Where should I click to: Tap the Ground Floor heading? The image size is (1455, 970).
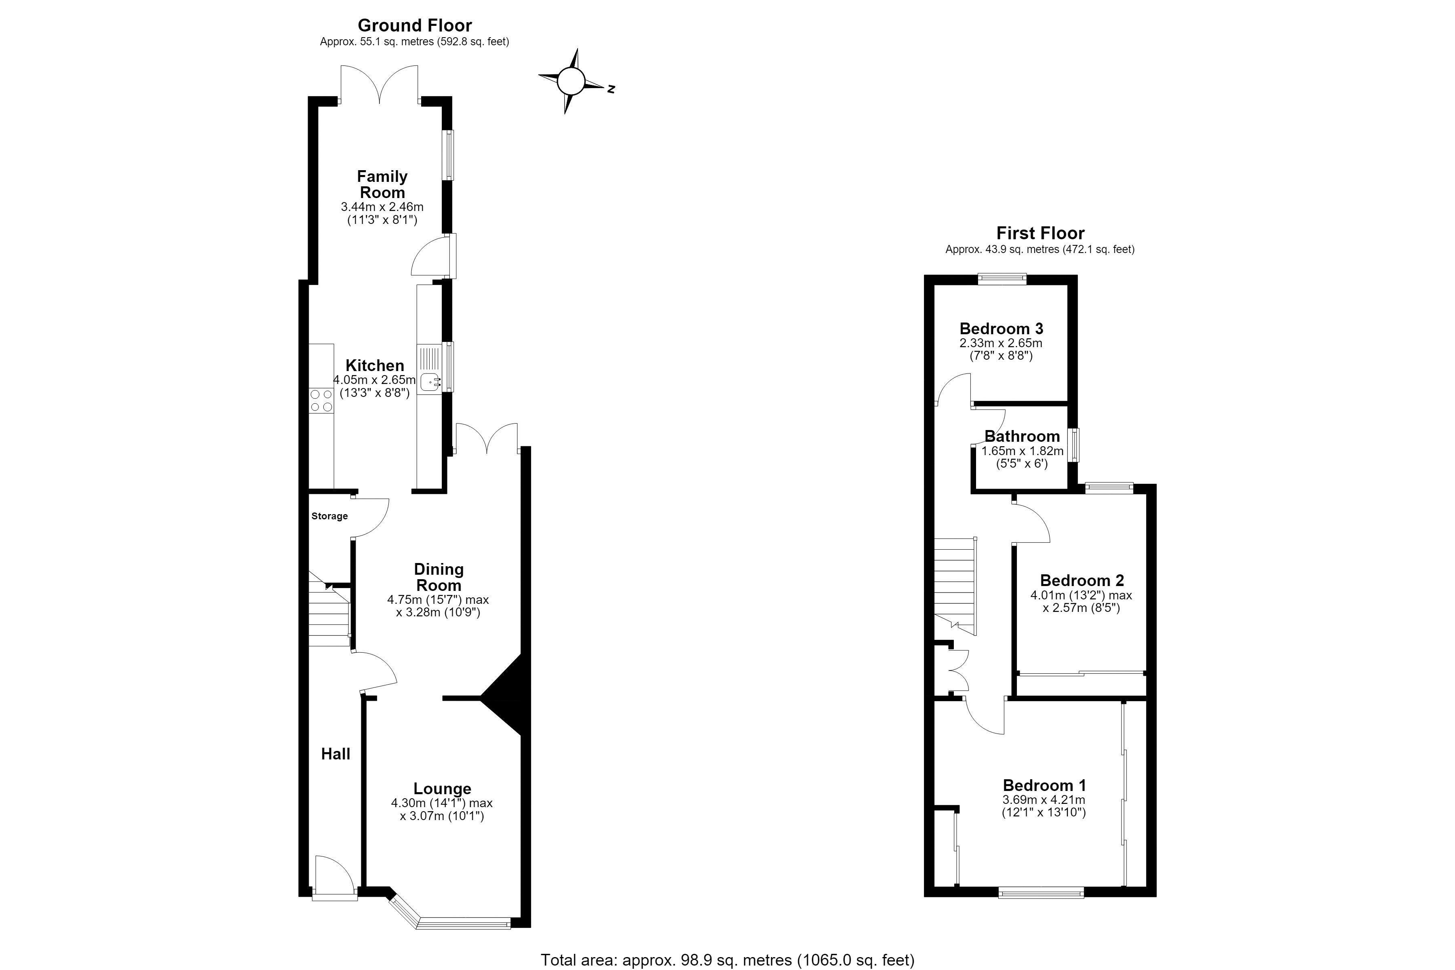click(x=415, y=25)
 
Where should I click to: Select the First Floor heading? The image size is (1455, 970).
click(x=1040, y=233)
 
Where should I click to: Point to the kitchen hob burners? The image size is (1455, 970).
click(x=321, y=400)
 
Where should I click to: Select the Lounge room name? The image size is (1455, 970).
click(x=442, y=789)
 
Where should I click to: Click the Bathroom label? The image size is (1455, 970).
click(x=1022, y=436)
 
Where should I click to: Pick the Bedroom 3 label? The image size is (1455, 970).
click(x=1001, y=329)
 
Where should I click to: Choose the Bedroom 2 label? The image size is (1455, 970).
click(x=1082, y=580)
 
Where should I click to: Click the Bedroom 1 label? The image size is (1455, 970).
click(x=1044, y=785)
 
